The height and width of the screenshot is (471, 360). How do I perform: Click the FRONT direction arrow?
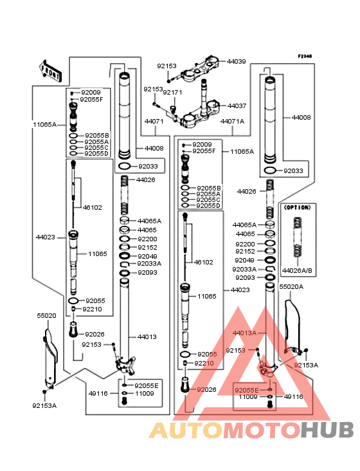click(x=50, y=71)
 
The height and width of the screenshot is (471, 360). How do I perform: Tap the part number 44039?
click(x=236, y=61)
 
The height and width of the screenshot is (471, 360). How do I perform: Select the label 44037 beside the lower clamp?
click(x=237, y=106)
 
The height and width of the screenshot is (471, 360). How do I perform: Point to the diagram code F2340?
click(x=305, y=56)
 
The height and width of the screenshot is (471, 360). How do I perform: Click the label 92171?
click(x=172, y=93)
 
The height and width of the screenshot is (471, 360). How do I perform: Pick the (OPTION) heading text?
click(x=297, y=208)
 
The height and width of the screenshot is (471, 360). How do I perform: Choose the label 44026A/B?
click(x=297, y=271)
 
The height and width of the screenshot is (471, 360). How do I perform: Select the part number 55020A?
click(x=291, y=287)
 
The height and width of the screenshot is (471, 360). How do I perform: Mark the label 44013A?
click(x=244, y=333)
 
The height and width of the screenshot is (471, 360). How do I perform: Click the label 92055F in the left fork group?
click(x=91, y=100)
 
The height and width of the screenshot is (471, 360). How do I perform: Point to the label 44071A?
click(x=232, y=122)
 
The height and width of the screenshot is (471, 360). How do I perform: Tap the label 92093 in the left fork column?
click(x=147, y=272)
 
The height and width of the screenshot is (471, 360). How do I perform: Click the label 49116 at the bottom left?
click(x=98, y=394)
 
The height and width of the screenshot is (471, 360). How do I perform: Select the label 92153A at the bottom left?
click(x=44, y=406)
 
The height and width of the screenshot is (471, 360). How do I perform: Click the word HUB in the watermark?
click(x=327, y=430)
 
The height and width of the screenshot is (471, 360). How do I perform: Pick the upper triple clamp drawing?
click(x=199, y=69)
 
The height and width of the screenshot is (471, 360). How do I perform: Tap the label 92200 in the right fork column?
click(x=245, y=245)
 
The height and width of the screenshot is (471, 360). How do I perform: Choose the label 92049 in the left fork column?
click(x=147, y=256)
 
